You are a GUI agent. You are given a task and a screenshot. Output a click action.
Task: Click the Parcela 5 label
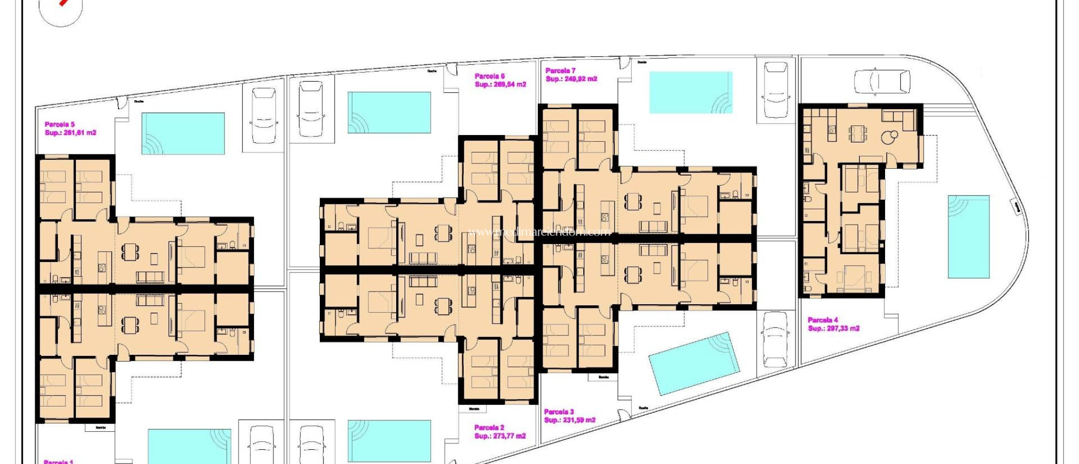pyautogui.click(x=60, y=124)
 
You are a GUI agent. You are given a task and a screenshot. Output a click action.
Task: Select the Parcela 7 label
pyautogui.click(x=560, y=71)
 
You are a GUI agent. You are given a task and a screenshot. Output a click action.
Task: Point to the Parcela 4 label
pyautogui.click(x=822, y=320)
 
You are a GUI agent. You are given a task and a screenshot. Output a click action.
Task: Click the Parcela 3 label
pyautogui.click(x=558, y=412)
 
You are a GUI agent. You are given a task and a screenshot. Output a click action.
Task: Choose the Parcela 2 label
pyautogui.click(x=489, y=428)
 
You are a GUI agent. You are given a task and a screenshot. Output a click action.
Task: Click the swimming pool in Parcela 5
pyautogui.click(x=183, y=133)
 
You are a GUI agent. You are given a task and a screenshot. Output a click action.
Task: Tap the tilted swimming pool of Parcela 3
pyautogui.click(x=693, y=363)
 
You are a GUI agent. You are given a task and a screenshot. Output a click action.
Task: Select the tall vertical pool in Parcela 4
pyautogui.click(x=968, y=237)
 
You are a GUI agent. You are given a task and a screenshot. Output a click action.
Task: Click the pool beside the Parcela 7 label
pyautogui.click(x=691, y=92)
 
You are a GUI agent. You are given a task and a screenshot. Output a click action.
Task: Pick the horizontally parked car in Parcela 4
pyautogui.click(x=881, y=82)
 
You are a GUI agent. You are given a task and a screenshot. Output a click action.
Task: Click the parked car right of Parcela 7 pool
pyautogui.click(x=776, y=90)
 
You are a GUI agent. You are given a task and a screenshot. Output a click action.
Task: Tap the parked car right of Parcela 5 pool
pyautogui.click(x=263, y=115)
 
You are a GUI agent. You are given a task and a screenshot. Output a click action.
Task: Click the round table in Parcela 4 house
pyautogui.click(x=891, y=136)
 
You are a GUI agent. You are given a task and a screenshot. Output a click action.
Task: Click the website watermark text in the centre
pyautogui.click(x=539, y=231)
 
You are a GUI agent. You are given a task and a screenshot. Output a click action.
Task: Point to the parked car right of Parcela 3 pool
pyautogui.click(x=775, y=340)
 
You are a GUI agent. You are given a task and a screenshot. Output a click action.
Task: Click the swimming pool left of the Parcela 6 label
pyautogui.click(x=389, y=112)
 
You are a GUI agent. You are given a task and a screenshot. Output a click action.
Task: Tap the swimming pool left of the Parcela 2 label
pyautogui.click(x=389, y=441)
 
